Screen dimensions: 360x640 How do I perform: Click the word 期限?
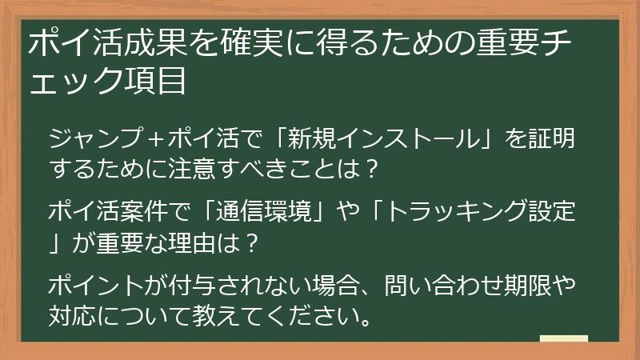[536, 286]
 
